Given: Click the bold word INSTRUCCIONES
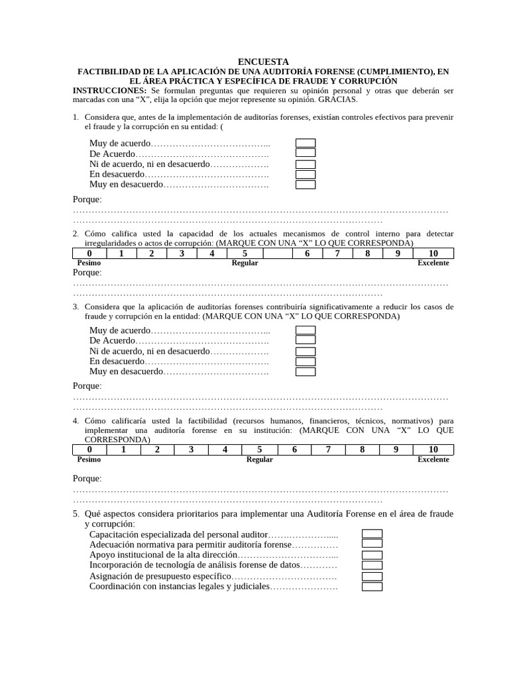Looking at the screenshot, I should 109,90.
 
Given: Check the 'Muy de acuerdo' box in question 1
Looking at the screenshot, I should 305,143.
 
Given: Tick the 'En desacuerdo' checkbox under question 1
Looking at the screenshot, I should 305,175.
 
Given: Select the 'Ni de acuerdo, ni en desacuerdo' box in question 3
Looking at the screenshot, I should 305,351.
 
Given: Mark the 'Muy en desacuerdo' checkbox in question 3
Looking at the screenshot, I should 305,372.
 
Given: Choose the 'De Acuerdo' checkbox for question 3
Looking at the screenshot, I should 305,340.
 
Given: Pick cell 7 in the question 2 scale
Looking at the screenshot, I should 337,253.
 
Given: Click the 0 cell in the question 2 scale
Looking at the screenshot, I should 89,253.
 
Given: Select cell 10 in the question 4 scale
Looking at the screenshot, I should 433,450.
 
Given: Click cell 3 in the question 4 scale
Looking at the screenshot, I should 191,450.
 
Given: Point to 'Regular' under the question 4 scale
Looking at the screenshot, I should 259,460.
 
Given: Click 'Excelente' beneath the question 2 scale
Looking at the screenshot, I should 433,263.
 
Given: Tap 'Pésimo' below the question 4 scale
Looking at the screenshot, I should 89,460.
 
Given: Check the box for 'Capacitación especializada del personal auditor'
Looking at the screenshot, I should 372,534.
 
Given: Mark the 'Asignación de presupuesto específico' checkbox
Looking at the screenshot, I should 372,577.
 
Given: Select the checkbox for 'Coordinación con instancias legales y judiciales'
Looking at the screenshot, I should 372,587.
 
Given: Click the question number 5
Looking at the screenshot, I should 76,514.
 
